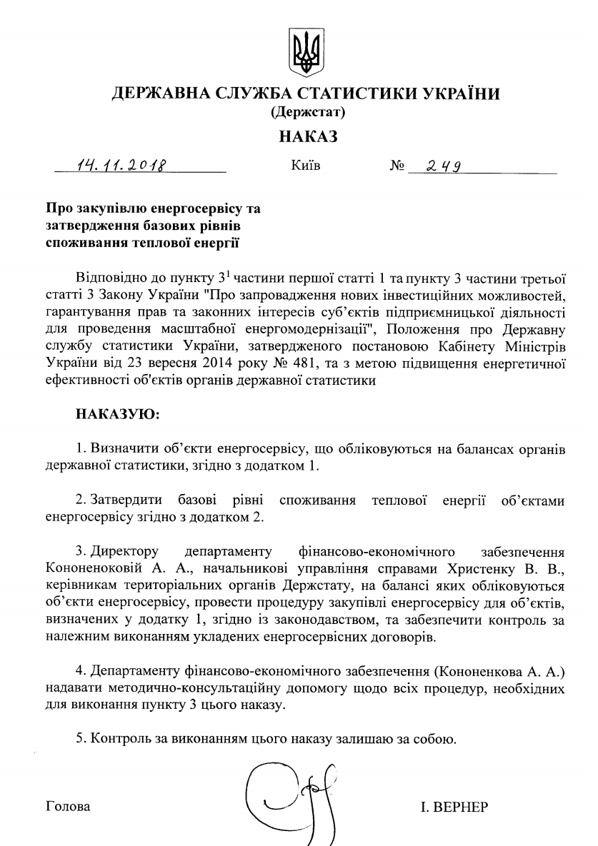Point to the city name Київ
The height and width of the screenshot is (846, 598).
[x=306, y=167]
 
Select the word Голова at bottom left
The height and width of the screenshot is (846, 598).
[x=68, y=807]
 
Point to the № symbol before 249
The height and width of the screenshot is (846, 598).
[x=397, y=167]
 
